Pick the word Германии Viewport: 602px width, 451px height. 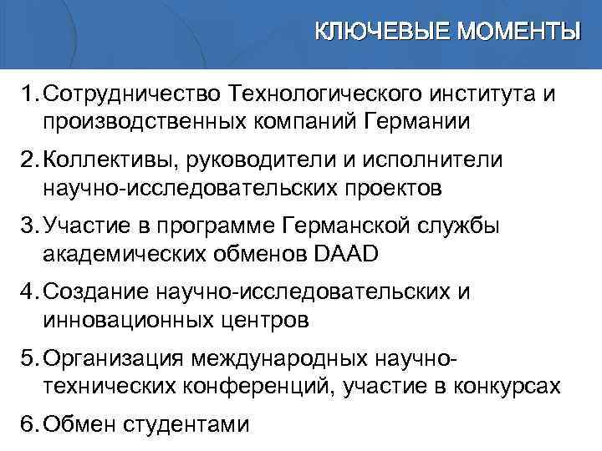click(x=418, y=121)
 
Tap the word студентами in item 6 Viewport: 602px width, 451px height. click(x=185, y=423)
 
